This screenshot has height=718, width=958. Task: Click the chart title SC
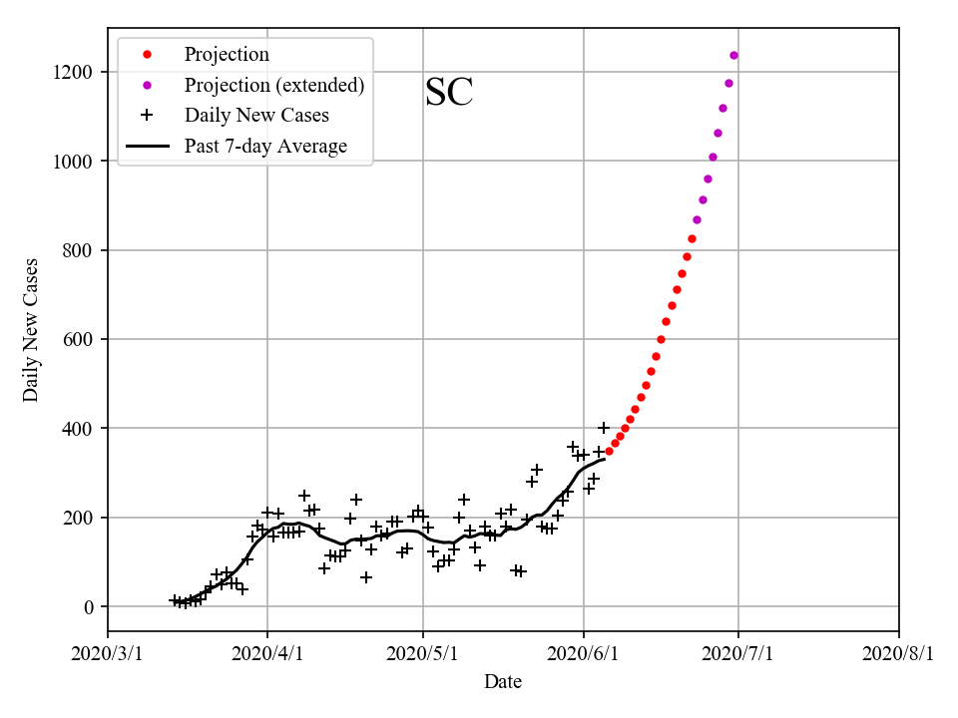pos(448,93)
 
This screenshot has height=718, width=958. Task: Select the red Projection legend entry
pos(227,54)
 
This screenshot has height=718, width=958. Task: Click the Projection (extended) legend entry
pos(273,85)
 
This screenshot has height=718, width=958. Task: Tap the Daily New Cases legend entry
pos(256,116)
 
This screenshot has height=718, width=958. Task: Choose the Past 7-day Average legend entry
pos(265,147)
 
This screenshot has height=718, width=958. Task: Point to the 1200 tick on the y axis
pos(76,72)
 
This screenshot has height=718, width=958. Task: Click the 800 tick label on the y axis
pos(81,250)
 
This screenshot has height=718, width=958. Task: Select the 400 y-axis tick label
pos(81,429)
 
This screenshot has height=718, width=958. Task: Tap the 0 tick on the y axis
pos(91,607)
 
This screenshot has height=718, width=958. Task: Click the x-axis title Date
pos(503,682)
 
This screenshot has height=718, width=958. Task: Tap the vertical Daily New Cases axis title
pos(31,329)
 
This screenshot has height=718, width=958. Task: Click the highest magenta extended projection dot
pos(733,55)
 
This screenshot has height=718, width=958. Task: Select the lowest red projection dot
pos(609,451)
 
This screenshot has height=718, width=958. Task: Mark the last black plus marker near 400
pos(603,428)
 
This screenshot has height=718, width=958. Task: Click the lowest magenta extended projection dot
pos(697,219)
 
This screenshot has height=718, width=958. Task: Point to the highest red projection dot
pos(692,238)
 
